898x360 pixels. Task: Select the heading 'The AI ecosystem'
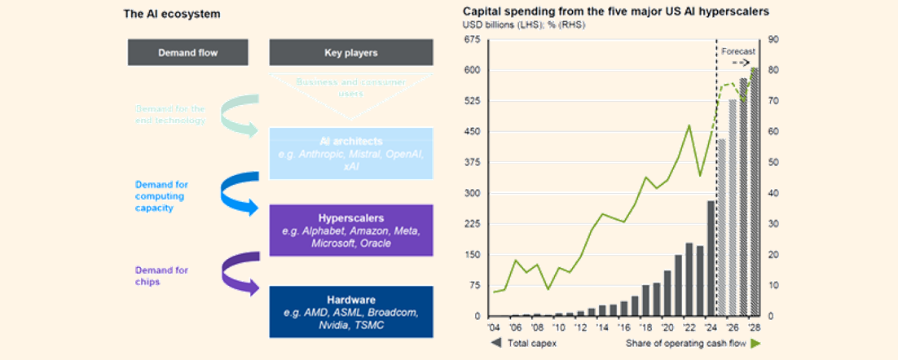[171, 14]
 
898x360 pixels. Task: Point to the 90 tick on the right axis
[773, 40]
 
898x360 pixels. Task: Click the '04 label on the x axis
[493, 327]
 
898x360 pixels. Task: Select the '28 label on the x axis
[755, 327]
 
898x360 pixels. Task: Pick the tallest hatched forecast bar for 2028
[755, 192]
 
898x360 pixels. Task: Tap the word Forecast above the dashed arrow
[738, 50]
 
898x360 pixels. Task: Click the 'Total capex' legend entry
[525, 344]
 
